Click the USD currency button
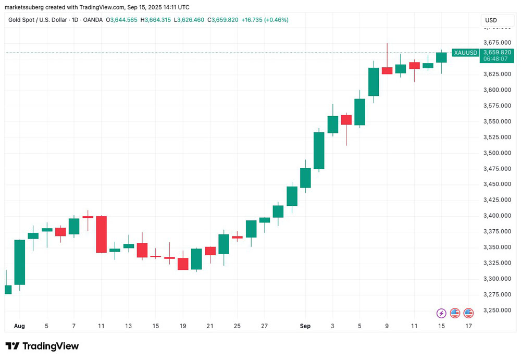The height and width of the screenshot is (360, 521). (491, 20)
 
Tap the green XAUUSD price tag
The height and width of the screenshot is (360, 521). (465, 53)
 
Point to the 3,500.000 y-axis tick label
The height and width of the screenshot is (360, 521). (497, 153)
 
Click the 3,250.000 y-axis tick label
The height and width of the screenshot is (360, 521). (497, 310)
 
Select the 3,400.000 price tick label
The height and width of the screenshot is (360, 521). (497, 216)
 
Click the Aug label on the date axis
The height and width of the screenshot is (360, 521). (19, 326)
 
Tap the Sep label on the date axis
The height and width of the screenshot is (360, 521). (305, 326)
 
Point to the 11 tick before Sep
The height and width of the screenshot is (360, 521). (101, 326)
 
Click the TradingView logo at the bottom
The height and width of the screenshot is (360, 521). (42, 346)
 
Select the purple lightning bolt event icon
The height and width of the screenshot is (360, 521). (441, 313)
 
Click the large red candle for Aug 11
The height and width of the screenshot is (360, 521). (101, 234)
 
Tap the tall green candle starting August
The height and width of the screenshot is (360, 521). (20, 262)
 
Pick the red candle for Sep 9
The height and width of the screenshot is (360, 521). (387, 70)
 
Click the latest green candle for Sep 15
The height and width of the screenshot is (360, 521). (441, 57)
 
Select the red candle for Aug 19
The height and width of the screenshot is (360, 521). (183, 264)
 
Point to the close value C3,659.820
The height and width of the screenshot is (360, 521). (223, 20)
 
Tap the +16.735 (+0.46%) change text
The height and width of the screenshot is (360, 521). (265, 20)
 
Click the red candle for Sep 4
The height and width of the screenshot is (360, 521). (346, 120)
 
